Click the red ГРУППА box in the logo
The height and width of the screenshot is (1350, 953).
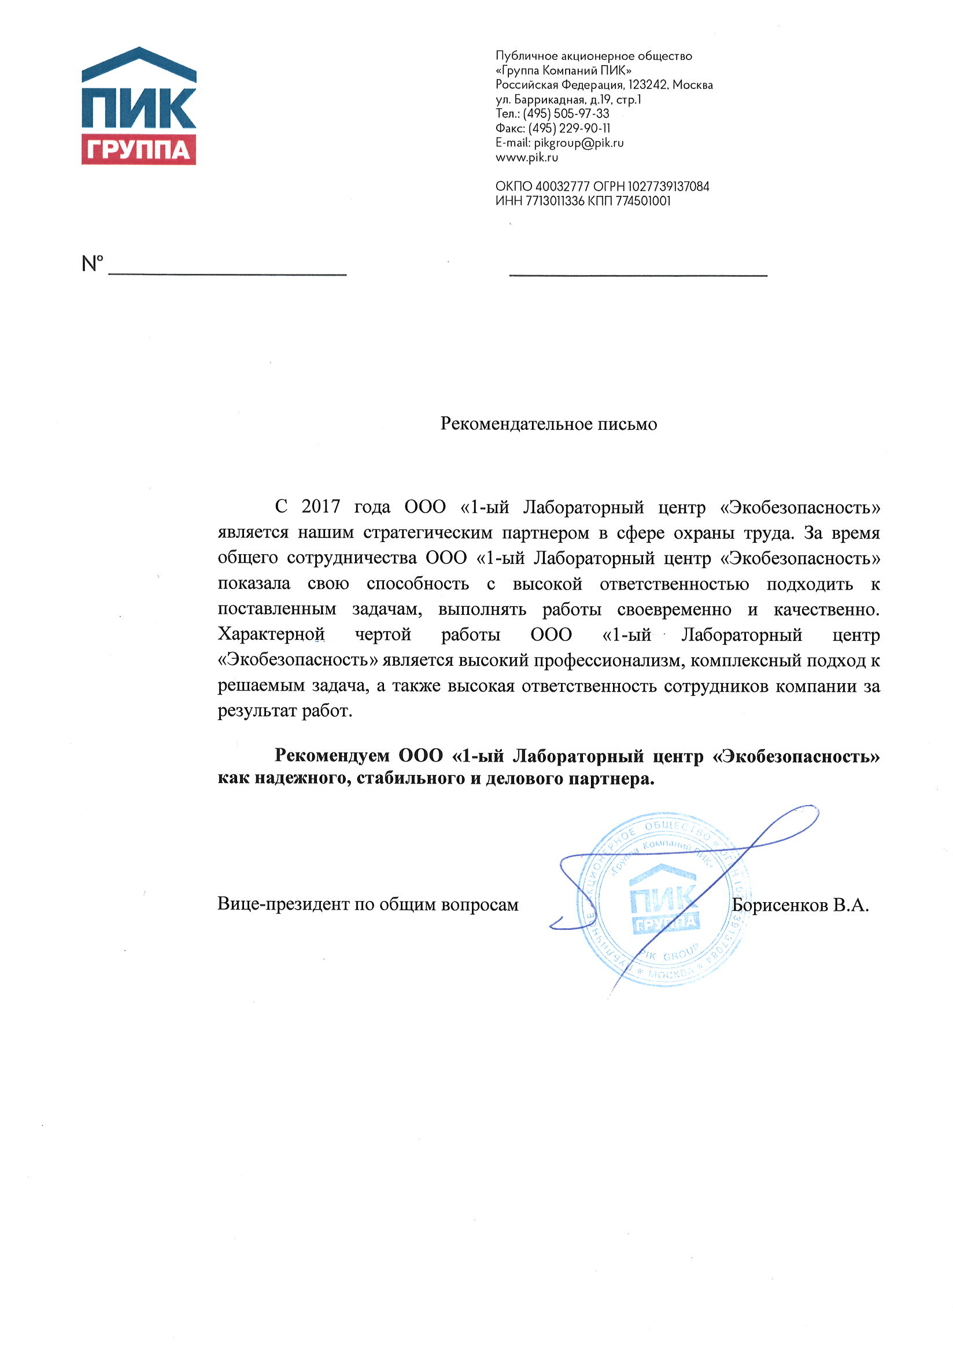[138, 150]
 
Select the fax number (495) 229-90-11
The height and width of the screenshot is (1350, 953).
[569, 128]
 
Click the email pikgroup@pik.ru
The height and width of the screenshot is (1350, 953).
[578, 143]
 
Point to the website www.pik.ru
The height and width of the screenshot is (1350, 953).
[526, 158]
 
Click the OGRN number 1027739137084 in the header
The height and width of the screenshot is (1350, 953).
[668, 187]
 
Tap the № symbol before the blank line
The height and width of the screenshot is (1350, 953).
[93, 264]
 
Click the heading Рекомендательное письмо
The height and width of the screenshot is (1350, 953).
[548, 424]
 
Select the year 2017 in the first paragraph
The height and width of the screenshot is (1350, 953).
[320, 506]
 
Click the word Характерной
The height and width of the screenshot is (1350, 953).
[271, 635]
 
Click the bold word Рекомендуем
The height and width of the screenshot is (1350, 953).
[332, 755]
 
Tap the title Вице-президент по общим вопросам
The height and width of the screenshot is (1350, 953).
[368, 904]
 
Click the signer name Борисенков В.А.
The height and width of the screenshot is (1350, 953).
[800, 906]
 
